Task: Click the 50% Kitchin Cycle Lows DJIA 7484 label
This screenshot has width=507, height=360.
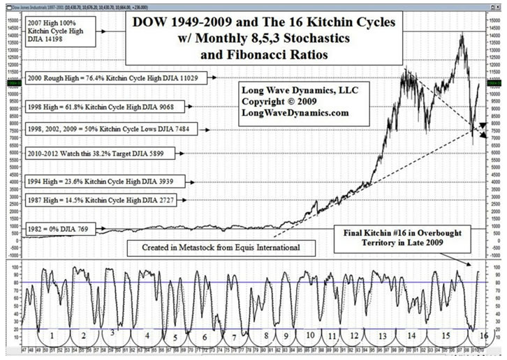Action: [110, 129]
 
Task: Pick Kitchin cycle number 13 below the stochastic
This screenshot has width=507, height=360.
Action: [381, 336]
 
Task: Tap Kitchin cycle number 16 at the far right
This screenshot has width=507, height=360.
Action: [483, 336]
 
